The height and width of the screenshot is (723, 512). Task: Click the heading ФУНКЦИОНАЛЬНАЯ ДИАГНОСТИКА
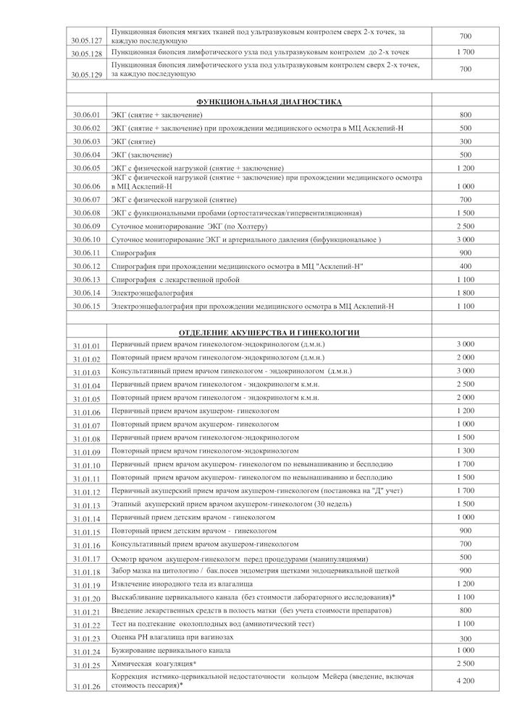click(269, 102)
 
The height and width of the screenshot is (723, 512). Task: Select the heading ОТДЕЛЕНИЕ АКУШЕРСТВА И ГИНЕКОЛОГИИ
click(269, 333)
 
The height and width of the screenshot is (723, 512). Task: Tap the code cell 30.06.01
click(86, 115)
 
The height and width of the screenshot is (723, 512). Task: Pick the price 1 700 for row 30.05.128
click(466, 53)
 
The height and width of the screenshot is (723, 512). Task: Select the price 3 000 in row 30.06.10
click(466, 239)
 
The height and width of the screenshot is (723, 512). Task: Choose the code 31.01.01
click(86, 346)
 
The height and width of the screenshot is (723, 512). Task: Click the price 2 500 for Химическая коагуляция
click(466, 663)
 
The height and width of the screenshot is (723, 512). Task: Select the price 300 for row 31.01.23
click(466, 639)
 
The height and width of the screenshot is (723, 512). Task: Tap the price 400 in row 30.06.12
click(466, 266)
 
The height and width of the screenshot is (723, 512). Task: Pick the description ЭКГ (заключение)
click(142, 155)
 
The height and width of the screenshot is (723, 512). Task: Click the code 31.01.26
click(86, 686)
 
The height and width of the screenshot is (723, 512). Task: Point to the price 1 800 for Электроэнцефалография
click(466, 292)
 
